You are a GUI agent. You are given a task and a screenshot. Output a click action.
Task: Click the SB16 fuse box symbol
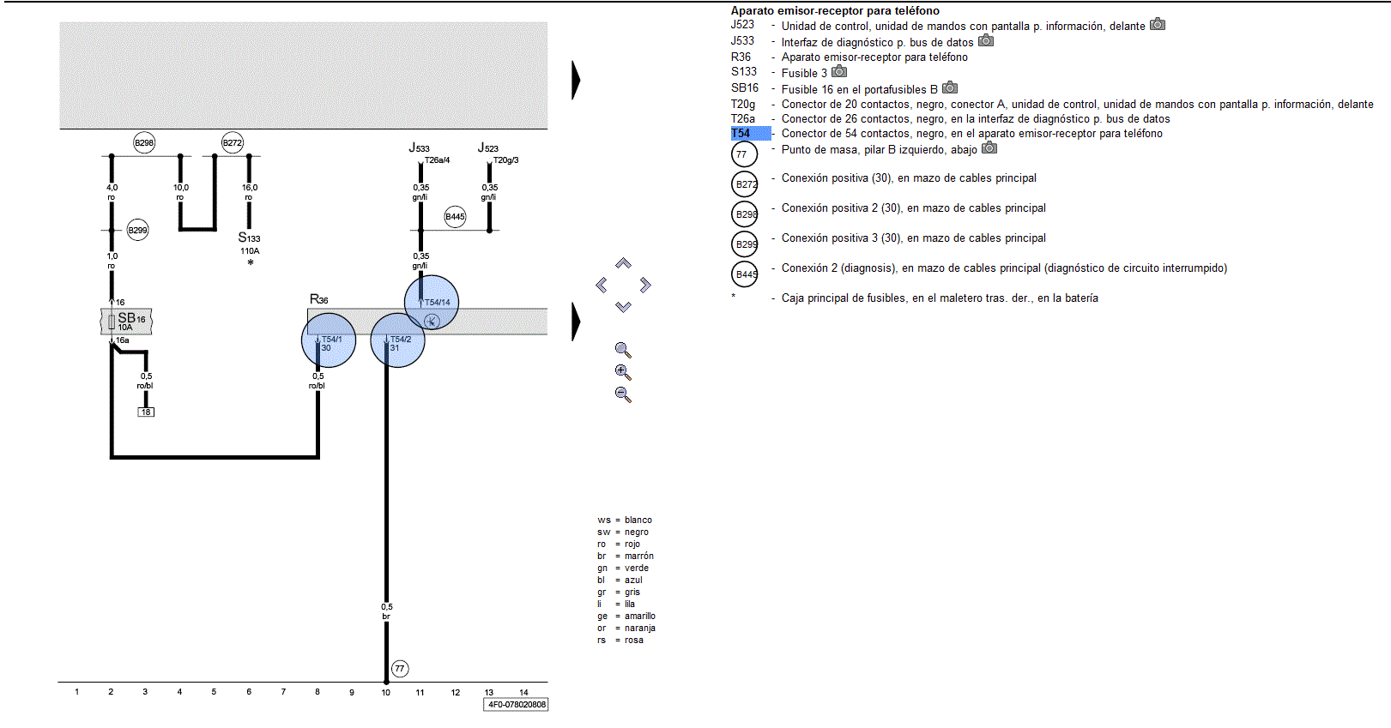[x=126, y=322]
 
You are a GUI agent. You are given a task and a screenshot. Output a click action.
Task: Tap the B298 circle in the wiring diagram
[x=144, y=142]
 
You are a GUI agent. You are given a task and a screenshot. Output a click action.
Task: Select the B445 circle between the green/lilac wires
[x=455, y=217]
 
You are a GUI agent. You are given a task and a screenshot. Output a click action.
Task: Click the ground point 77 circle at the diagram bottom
[x=400, y=669]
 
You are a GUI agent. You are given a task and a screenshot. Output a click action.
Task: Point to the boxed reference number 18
[x=146, y=412]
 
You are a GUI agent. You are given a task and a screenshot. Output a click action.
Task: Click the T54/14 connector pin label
[x=437, y=302]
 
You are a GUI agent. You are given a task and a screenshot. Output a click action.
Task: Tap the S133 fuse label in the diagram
[x=250, y=238]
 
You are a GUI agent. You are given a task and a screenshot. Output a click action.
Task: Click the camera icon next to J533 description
[x=986, y=41]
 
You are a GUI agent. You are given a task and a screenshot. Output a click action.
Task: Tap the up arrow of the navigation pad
[x=623, y=263]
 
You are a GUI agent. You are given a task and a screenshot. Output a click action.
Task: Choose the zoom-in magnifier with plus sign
[x=623, y=372]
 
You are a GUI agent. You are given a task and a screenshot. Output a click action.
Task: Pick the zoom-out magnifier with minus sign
[x=623, y=394]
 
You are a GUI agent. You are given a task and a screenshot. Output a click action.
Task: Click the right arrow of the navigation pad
[x=645, y=285]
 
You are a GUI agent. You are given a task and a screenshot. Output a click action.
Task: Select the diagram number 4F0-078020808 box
[x=516, y=704]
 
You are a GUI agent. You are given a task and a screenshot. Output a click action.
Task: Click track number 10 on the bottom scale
[x=385, y=693]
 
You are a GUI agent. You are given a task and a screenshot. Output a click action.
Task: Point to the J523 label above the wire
[x=488, y=147]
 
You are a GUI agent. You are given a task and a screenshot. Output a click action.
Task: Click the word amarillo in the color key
[x=639, y=617]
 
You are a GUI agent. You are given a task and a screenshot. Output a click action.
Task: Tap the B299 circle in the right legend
[x=745, y=244]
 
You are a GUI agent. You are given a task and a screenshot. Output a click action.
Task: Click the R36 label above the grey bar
[x=318, y=300]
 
